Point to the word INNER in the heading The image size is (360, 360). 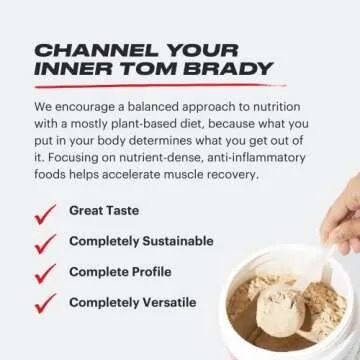75,69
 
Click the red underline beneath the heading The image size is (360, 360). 160,87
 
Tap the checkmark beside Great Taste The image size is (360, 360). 44,214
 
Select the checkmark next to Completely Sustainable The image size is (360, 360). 44,243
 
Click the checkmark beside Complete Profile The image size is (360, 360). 44,273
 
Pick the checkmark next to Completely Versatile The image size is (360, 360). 44,303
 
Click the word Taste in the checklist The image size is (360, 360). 121,211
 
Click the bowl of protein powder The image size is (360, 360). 290,310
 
